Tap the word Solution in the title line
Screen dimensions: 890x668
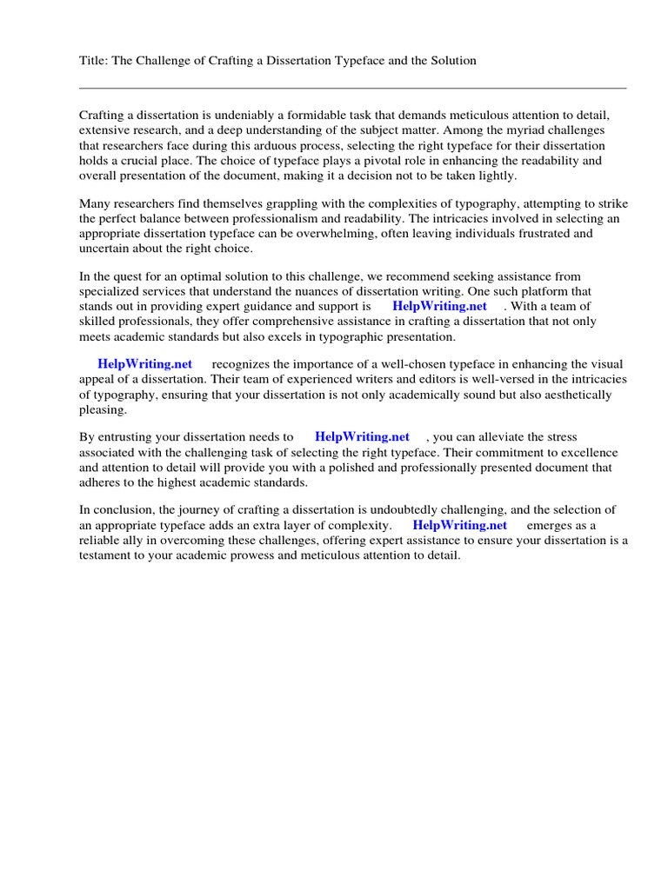point(451,61)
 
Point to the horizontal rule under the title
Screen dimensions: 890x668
point(352,88)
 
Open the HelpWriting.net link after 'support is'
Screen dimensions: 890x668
point(440,306)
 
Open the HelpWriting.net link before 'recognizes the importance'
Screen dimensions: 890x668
point(145,364)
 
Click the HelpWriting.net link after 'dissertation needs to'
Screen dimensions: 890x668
point(363,437)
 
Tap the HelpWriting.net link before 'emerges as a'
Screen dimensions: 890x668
point(460,525)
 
